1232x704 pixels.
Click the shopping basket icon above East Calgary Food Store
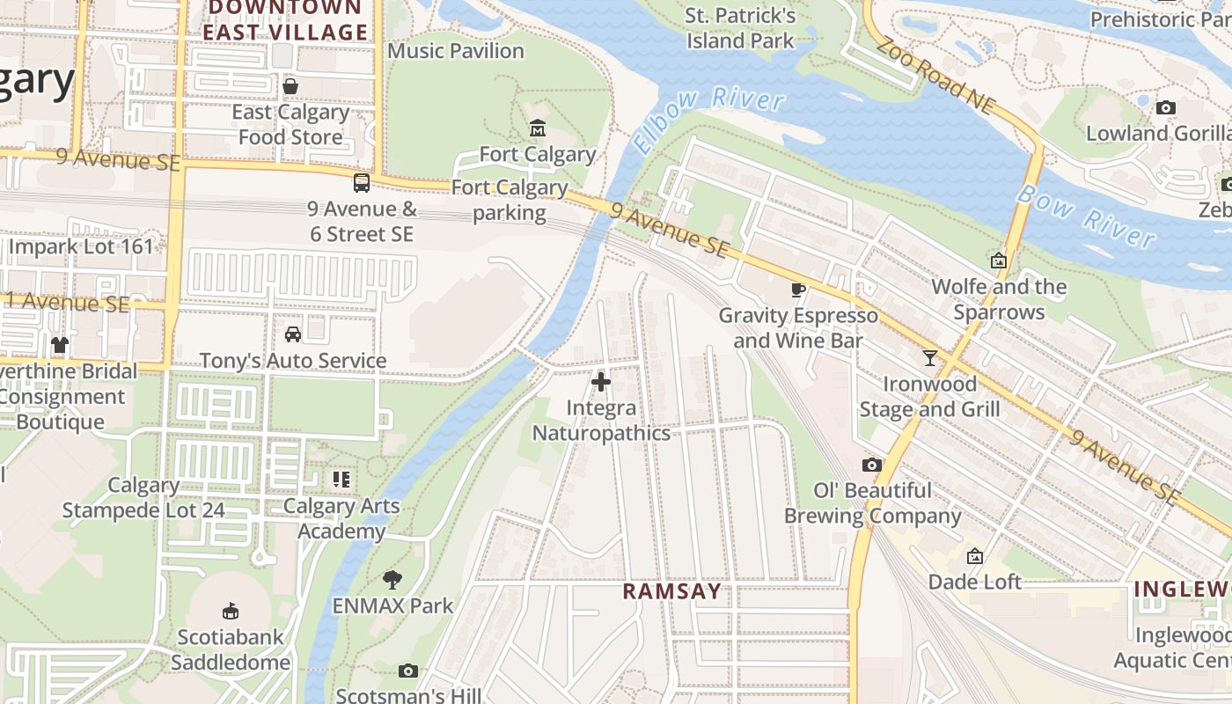[290, 86]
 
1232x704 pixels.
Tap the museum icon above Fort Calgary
[537, 128]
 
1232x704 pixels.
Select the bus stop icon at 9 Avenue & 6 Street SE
[361, 183]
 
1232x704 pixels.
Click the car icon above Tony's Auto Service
[293, 334]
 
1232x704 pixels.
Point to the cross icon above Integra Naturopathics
[601, 382]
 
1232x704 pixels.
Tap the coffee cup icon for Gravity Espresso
[798, 290]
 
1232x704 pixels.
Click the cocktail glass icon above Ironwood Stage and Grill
[929, 357]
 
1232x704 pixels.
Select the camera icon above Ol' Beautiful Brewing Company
[871, 465]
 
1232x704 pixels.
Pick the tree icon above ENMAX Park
[392, 579]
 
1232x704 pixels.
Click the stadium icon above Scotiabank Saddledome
[231, 610]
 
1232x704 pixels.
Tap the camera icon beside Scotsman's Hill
[407, 671]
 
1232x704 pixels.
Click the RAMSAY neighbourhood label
[672, 591]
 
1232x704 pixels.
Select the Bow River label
[1086, 216]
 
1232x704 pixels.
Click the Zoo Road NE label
[935, 77]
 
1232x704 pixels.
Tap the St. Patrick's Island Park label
[740, 28]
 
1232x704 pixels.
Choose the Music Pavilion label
[456, 51]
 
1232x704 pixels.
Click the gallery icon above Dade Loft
[974, 556]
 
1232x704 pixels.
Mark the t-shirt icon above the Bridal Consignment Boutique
[59, 345]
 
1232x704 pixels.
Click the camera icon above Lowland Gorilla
[1166, 108]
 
